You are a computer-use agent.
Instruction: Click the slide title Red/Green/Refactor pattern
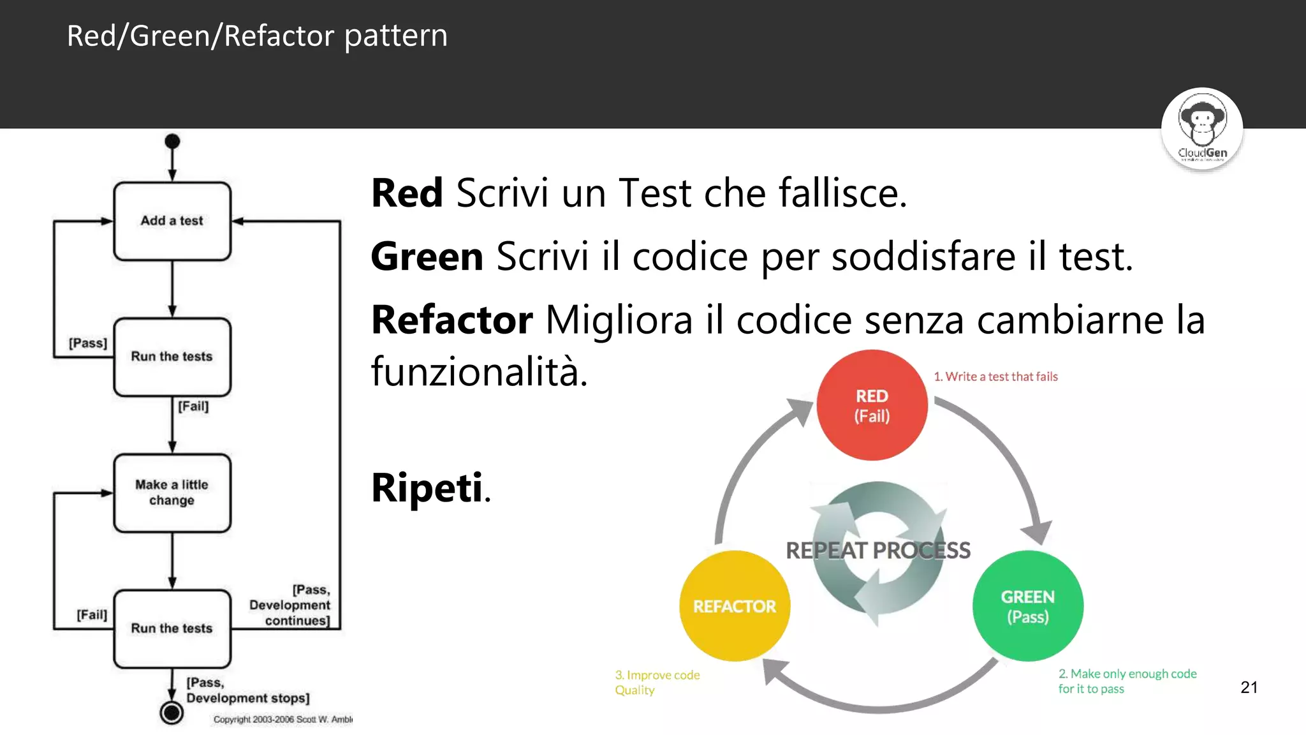257,36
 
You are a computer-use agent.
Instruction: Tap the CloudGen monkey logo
1201,128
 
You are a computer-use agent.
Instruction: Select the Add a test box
172,221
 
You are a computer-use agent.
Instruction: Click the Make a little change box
172,493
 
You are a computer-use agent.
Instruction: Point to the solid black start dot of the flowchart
172,141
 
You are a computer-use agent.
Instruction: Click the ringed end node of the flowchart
172,712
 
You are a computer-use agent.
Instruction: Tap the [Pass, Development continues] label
290,605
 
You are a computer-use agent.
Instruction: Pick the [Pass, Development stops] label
247,690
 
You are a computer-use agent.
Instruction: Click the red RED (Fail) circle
872,405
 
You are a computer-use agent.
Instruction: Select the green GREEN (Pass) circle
1027,606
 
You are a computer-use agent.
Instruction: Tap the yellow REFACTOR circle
735,606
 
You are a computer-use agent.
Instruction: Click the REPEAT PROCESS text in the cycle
877,550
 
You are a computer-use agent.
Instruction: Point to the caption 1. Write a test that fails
995,376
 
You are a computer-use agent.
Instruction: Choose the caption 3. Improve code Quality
657,682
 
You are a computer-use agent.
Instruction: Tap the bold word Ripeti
427,488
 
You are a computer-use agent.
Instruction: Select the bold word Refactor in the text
451,320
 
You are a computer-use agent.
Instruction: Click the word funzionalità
478,371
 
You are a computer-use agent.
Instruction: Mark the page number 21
1249,687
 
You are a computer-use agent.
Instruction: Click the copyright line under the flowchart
282,720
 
